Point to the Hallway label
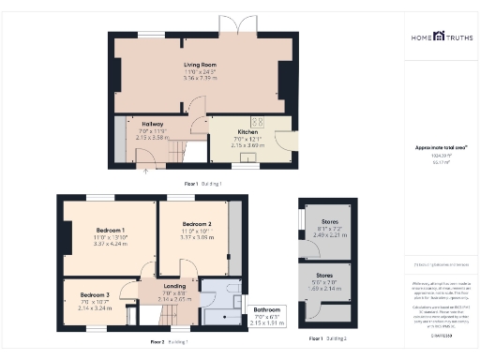click(153, 124)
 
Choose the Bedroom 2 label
click(197, 224)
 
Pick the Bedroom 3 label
click(94, 296)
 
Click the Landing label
click(175, 287)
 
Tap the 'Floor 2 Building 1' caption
click(169, 341)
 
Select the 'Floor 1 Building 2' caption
click(325, 337)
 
